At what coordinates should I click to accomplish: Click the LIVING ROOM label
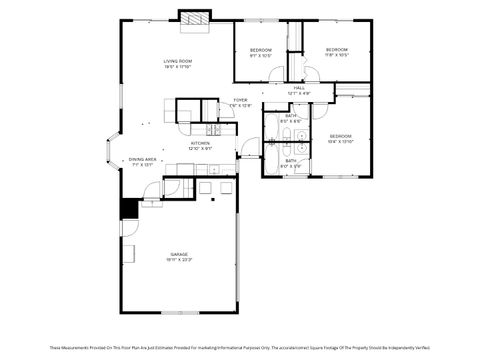pos(178,62)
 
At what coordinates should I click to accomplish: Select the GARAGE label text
pos(178,254)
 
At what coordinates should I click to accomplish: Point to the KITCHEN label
pos(200,144)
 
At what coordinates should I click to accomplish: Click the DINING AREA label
pos(142,159)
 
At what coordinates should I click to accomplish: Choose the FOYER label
pos(240,100)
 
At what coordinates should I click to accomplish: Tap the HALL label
pos(299,88)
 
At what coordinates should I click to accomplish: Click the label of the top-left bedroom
pos(260,50)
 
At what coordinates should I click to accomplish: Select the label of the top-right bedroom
pos(336,50)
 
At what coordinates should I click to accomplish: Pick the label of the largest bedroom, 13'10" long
pos(341,135)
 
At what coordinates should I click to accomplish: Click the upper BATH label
pos(291,116)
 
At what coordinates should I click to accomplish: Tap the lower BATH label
pos(291,160)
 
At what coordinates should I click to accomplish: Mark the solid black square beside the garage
pos(128,208)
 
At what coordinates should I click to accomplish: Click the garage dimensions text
pos(178,260)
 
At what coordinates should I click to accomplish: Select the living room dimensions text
pos(178,68)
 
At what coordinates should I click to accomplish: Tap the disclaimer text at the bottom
pos(240,345)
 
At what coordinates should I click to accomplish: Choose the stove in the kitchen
pos(213,129)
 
